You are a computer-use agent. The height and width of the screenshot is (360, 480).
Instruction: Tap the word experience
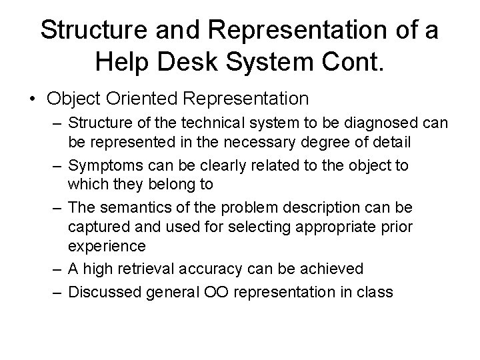tap(107, 245)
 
